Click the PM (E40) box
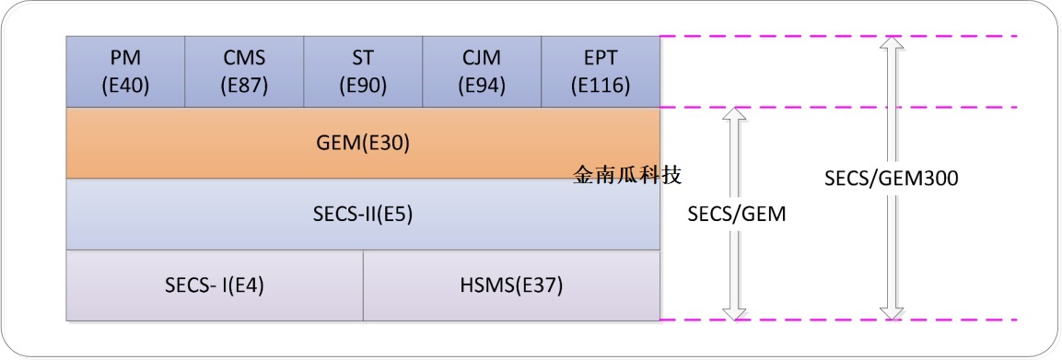(x=126, y=72)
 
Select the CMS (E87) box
(x=244, y=72)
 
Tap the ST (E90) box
(x=363, y=72)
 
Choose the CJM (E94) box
(x=482, y=72)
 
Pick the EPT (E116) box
(x=601, y=72)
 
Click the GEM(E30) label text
(x=362, y=144)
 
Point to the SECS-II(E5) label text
(x=362, y=215)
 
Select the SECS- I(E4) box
(x=215, y=285)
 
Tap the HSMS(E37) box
(x=511, y=285)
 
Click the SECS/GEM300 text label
(x=892, y=180)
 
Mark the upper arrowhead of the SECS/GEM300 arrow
(x=890, y=42)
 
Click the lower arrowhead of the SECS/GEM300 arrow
(x=890, y=313)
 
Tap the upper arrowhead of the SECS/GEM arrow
(x=734, y=114)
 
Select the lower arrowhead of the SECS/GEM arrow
(x=734, y=313)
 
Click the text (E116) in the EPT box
(x=601, y=86)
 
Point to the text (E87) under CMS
(x=244, y=86)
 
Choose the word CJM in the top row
(x=482, y=58)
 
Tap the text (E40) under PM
(x=126, y=86)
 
